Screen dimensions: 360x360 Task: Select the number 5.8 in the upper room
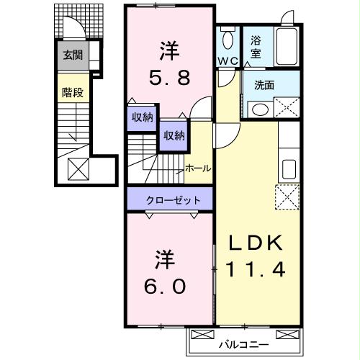click(171, 76)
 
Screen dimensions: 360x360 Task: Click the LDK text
click(257, 243)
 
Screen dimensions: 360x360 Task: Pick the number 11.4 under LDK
click(257, 270)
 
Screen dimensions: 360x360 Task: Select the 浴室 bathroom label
click(256, 47)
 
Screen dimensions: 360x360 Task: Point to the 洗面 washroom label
click(264, 85)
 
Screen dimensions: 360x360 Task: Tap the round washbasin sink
click(259, 109)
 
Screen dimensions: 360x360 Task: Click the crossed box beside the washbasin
click(287, 108)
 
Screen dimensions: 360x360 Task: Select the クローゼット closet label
click(171, 199)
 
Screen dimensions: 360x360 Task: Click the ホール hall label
click(198, 168)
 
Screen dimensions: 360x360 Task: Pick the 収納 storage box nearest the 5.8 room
click(142, 117)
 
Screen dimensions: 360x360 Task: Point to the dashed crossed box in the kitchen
click(287, 196)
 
